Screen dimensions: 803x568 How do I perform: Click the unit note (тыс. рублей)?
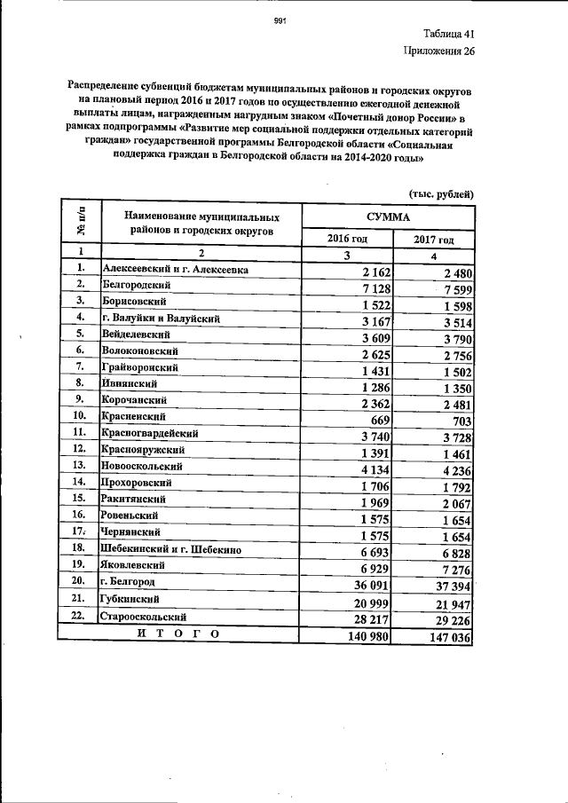441,193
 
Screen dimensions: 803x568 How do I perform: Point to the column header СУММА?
388,216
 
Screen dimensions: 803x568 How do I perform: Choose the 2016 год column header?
346,240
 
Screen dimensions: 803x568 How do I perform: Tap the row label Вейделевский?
135,335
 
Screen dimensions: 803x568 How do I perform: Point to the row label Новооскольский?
142,466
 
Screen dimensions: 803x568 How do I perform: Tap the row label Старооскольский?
144,616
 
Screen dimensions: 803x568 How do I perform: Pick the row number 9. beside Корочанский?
80,399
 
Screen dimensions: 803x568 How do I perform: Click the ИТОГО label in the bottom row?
177,633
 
